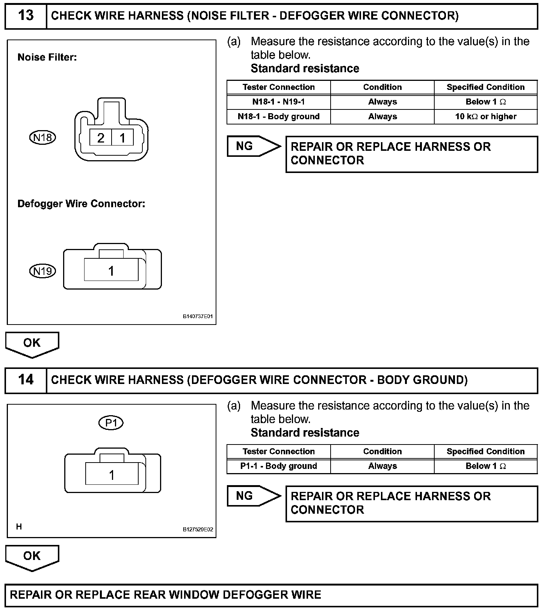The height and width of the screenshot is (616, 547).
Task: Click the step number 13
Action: point(26,16)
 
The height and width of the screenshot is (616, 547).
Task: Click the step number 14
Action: point(26,380)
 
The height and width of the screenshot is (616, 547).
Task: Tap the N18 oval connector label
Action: point(42,138)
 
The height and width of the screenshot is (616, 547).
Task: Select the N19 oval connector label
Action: point(42,271)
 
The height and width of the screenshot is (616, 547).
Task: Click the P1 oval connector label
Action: point(111,423)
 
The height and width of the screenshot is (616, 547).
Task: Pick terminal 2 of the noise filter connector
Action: point(101,138)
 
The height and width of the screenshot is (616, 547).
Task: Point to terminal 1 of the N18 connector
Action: point(122,138)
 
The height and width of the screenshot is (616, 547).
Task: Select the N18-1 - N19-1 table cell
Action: point(278,102)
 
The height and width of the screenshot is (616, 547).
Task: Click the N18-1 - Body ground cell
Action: point(278,117)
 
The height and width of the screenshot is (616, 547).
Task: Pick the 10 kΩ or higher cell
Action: point(486,117)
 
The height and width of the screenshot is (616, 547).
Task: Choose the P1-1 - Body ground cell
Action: point(278,466)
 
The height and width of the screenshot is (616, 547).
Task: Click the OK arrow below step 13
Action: point(32,344)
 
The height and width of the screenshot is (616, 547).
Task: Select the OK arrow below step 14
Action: point(32,557)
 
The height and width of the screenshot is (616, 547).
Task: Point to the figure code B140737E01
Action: point(198,316)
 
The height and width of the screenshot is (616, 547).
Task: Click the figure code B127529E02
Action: point(198,530)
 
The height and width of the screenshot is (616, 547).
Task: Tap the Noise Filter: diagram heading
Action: point(47,58)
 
